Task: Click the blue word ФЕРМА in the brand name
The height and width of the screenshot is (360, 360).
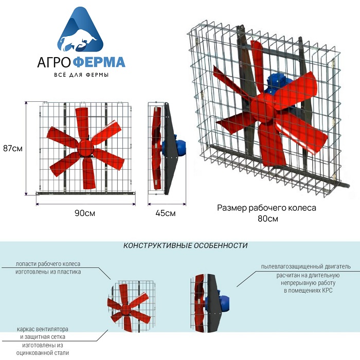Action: (x=100, y=62)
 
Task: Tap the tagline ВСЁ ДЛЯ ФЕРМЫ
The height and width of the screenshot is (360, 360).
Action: (x=81, y=75)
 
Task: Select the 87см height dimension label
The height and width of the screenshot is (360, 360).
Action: (x=13, y=148)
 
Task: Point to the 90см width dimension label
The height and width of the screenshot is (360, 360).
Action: (x=85, y=213)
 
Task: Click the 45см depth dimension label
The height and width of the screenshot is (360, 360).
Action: (x=165, y=213)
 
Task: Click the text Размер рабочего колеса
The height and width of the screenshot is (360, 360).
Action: (x=266, y=208)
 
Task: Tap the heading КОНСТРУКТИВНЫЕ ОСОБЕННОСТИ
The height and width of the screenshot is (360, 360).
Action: (x=185, y=245)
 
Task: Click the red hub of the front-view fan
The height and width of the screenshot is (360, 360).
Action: (x=85, y=148)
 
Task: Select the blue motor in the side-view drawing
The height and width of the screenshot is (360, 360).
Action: (x=174, y=146)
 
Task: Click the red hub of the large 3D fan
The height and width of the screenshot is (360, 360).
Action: (x=263, y=107)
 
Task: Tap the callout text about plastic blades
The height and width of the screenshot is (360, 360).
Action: (x=48, y=268)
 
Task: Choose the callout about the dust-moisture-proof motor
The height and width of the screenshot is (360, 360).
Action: (x=307, y=279)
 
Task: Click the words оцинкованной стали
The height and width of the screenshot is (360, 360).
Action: (x=43, y=353)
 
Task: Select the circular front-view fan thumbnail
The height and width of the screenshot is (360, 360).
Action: (x=132, y=306)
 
